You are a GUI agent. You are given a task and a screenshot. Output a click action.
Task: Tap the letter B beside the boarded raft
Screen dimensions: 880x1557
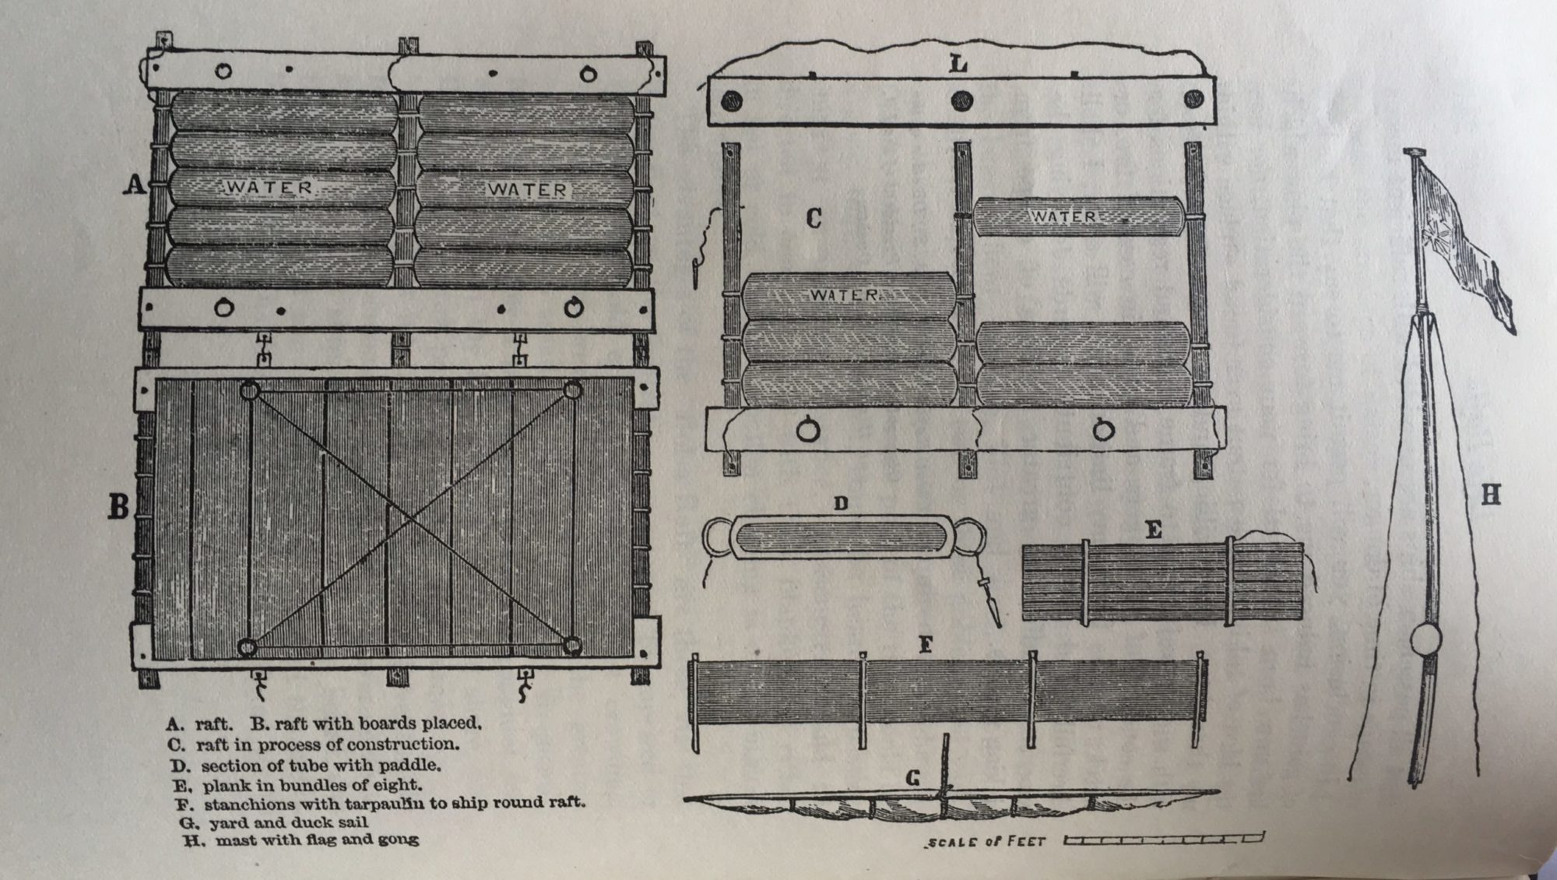pos(118,506)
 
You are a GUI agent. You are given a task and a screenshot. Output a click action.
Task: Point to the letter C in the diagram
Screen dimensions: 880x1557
pos(814,218)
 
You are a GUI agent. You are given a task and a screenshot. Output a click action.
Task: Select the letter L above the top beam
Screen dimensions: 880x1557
pos(958,64)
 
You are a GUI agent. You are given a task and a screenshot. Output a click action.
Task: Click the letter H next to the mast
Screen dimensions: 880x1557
pos(1490,495)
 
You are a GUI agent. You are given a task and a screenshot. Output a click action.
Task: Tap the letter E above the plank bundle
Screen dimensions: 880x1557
pos(1154,530)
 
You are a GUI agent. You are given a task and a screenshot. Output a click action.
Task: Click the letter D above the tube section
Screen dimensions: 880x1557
pos(841,503)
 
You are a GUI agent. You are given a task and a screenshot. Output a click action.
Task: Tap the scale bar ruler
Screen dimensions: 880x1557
pos(1164,839)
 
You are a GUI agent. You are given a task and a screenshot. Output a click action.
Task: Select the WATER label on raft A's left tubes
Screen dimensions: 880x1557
pos(269,188)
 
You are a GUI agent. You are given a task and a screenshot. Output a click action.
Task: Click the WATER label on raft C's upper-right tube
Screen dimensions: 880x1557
pos(1064,216)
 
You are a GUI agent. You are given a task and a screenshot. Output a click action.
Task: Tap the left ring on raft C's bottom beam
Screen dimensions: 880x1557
pos(809,429)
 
